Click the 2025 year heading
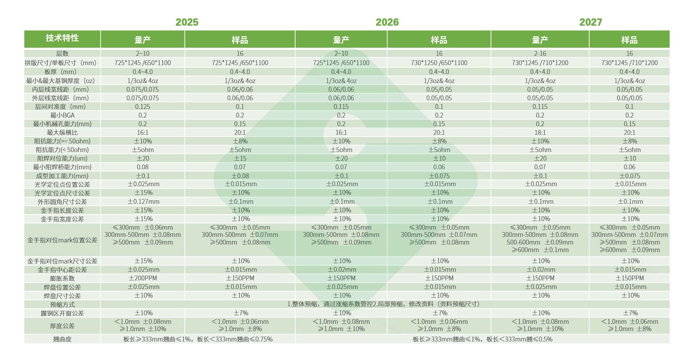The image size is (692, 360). (187, 22)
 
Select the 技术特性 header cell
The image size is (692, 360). (62, 39)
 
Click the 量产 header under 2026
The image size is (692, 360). (341, 40)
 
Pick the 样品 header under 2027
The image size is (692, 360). (629, 40)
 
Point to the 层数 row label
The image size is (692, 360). (62, 53)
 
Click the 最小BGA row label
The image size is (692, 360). (62, 115)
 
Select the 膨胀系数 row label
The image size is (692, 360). (62, 278)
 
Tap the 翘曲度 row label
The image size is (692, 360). (62, 339)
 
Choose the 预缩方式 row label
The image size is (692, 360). (62, 304)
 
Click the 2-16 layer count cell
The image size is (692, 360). (540, 53)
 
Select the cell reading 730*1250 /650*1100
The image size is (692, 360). (439, 63)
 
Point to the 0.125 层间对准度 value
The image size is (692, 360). (142, 106)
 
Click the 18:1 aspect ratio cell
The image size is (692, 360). (540, 133)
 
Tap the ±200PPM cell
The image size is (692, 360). (143, 278)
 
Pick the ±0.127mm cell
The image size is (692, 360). (143, 202)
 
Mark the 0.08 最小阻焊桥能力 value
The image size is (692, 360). (142, 167)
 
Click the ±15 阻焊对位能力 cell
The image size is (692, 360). (240, 158)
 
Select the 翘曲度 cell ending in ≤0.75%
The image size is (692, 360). (198, 339)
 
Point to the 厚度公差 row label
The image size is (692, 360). (62, 325)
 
